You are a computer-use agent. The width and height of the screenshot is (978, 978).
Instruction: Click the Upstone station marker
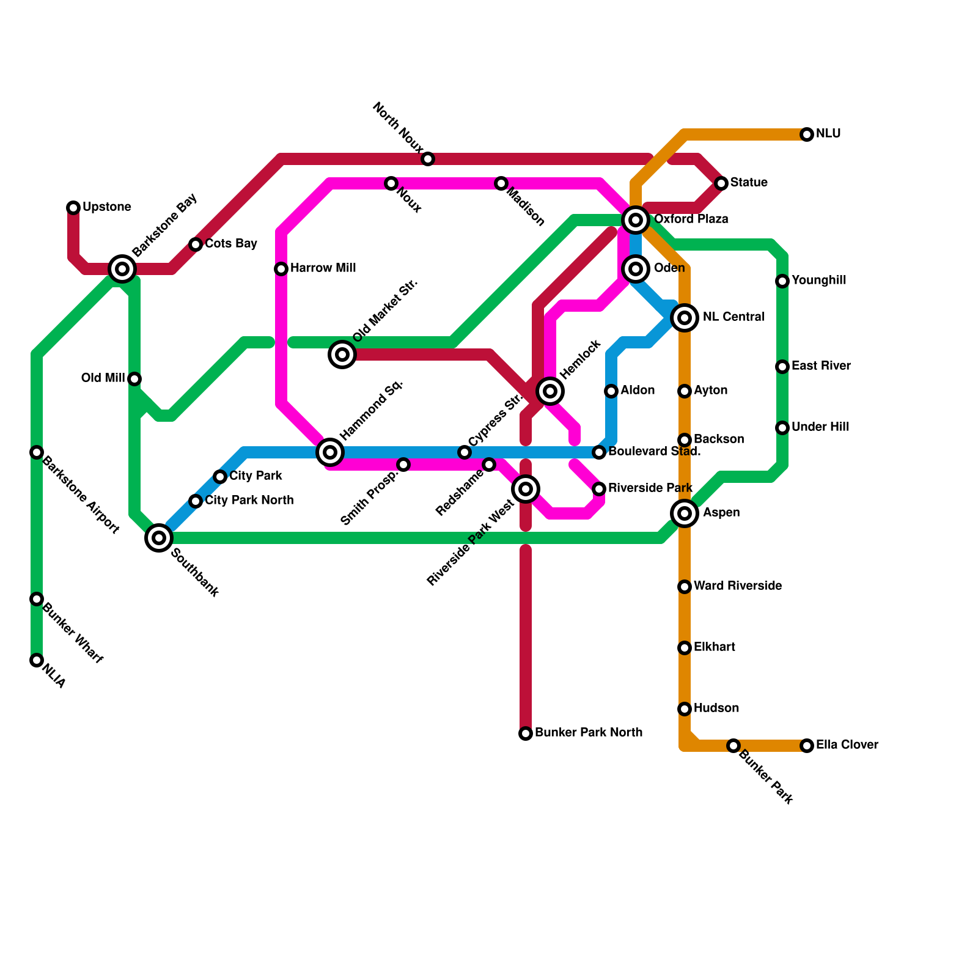[73, 208]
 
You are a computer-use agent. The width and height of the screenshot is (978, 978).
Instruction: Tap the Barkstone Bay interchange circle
[122, 268]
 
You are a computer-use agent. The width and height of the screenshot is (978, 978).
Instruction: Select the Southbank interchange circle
[159, 538]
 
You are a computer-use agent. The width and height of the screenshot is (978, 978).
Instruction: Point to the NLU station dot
[807, 134]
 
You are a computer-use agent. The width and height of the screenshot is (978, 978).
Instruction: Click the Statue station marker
[721, 183]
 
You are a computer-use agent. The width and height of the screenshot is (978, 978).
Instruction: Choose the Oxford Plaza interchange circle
[636, 219]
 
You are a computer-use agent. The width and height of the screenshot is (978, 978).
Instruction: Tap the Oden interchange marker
[636, 269]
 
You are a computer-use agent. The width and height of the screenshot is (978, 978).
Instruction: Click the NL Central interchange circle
[685, 317]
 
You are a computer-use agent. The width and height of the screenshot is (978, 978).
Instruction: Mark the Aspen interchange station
[685, 513]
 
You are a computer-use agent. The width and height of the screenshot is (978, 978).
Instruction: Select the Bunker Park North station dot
[526, 733]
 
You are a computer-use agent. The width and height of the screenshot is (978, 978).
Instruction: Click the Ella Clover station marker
[807, 746]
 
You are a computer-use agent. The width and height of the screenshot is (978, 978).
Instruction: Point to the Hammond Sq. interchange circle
[330, 452]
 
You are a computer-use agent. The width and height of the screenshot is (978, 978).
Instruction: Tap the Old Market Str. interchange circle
[342, 355]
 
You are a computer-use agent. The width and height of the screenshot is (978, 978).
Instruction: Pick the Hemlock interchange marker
[550, 391]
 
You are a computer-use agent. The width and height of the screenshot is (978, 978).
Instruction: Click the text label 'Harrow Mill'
[323, 268]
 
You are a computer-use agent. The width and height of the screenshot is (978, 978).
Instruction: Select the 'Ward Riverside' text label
[737, 586]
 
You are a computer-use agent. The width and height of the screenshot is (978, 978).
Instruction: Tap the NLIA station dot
[37, 660]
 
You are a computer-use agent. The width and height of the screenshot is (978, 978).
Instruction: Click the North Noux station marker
[428, 159]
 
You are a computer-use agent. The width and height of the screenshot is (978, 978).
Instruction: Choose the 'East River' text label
[820, 366]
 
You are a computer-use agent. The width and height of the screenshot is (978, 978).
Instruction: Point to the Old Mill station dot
[134, 379]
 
